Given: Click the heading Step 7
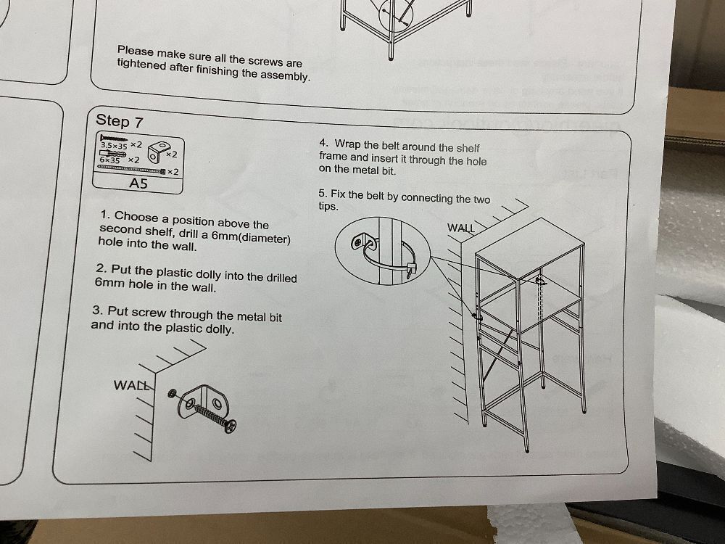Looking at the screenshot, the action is pos(120,121).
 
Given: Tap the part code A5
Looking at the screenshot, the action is pos(138,184).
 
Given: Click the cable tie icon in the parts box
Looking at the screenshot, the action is pos(132,169).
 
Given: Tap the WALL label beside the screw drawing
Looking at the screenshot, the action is pos(132,385).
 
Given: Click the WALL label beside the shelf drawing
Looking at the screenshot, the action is pos(461,228).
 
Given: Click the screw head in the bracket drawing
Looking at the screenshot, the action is pos(231,426).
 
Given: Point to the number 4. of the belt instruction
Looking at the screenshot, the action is pos(323,143).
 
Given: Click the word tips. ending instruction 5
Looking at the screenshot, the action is pos(328,206).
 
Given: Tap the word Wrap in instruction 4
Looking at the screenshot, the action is pos(347,144).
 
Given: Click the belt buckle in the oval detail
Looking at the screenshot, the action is pos(410,270).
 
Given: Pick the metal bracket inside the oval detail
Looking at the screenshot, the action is pos(363,241).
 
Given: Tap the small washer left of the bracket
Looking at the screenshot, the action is pos(172,393).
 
